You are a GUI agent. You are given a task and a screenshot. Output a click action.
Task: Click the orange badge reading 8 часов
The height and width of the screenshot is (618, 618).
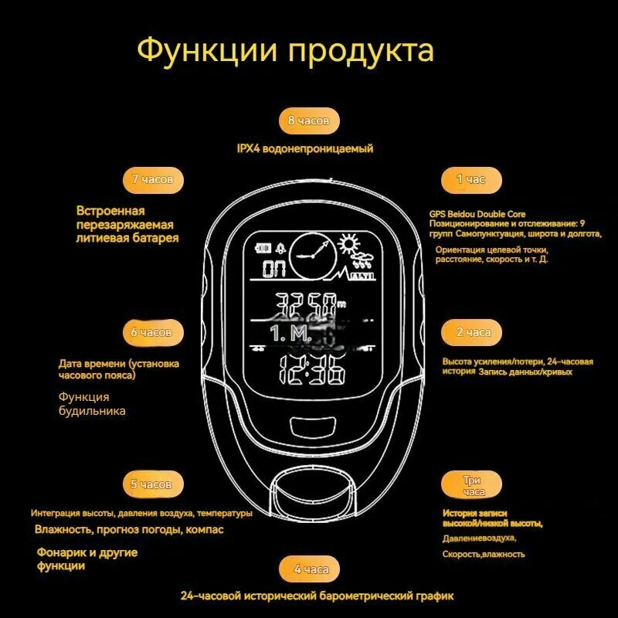point(309,121)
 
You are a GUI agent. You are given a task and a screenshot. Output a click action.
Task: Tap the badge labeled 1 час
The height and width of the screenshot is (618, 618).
point(470,179)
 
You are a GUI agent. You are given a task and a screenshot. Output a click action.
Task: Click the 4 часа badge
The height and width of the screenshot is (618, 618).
point(311,569)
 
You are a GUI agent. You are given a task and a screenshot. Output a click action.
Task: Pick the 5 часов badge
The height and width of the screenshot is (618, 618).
point(151,484)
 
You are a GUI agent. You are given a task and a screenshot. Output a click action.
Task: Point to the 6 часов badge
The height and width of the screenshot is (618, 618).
point(151,332)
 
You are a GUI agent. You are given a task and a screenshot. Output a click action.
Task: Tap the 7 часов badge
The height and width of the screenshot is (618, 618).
point(152,179)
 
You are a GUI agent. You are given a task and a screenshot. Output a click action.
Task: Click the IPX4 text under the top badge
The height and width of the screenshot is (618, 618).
point(250,148)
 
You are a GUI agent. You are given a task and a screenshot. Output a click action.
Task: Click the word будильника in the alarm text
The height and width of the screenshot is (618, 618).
point(92,412)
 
